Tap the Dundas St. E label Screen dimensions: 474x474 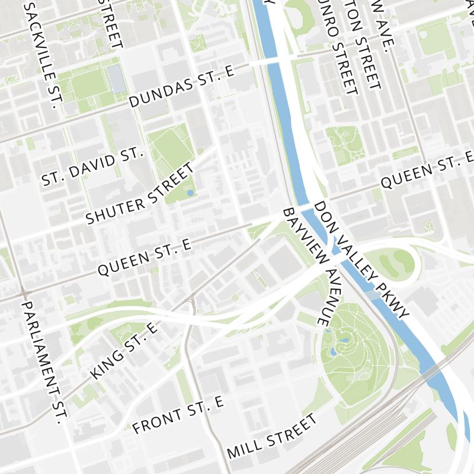182,85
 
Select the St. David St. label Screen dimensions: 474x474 93,167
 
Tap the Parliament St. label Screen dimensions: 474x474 43,363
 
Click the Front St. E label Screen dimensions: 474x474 178,415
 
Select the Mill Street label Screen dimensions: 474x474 272,437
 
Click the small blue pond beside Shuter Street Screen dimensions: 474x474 189,193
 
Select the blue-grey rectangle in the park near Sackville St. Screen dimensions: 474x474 116,78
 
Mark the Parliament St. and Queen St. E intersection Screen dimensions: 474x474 24,294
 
